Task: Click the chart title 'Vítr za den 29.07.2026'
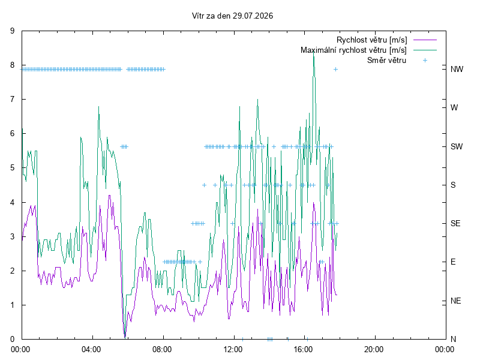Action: click(232, 16)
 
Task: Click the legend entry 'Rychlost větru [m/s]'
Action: click(371, 40)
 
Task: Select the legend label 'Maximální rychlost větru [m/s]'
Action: click(353, 50)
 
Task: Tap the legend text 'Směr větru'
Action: click(386, 61)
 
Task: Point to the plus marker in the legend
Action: click(425, 61)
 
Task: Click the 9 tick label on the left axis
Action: click(12, 31)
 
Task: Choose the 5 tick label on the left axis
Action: click(12, 168)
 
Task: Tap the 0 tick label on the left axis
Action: click(12, 339)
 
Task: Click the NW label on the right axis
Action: click(457, 69)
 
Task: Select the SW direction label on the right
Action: click(457, 146)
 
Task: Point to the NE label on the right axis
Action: click(455, 301)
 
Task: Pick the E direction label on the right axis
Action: click(453, 262)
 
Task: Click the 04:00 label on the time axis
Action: click(91, 349)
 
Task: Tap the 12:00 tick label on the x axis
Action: click(233, 349)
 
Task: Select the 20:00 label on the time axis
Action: click(374, 349)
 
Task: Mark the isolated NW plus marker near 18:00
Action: click(335, 70)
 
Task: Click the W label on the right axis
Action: click(454, 108)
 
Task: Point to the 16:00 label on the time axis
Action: click(304, 349)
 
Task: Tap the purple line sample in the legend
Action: click(425, 40)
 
